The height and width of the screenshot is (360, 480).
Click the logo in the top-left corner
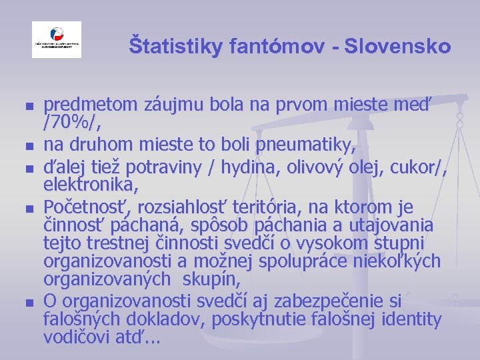pos(57,39)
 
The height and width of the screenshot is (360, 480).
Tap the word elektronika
pos(91,184)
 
